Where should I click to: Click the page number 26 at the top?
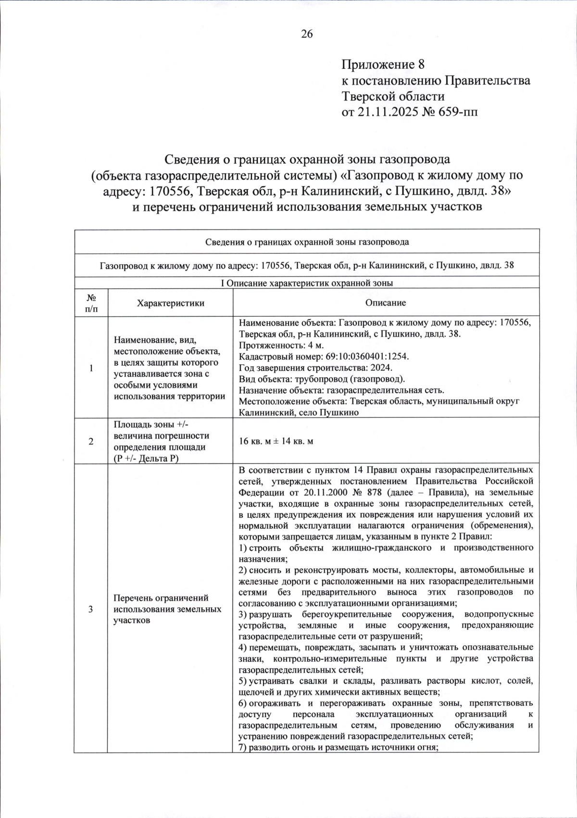point(307,34)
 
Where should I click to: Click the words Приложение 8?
point(383,64)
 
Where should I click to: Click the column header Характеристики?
point(170,303)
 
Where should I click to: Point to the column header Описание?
point(386,303)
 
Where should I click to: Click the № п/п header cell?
point(91,303)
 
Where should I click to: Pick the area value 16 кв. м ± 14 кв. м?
point(276,441)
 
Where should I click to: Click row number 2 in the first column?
point(91,442)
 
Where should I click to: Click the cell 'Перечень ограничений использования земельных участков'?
point(167,609)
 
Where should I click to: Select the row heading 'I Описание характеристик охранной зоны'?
point(306,283)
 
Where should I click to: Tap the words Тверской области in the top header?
point(393,96)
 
